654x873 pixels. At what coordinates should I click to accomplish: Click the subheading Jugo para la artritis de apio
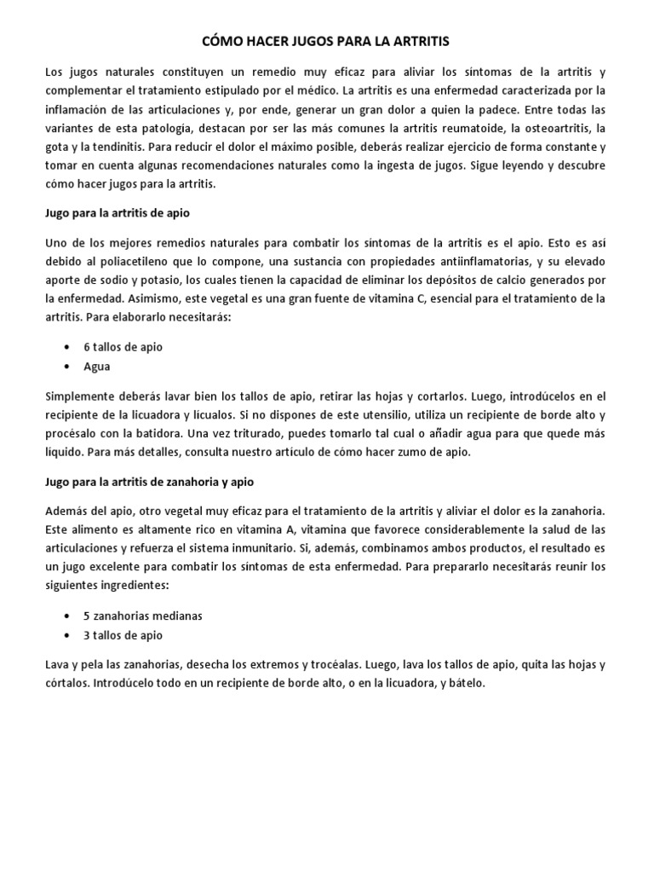tap(116, 212)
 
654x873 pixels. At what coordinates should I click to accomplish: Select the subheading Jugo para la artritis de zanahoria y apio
tap(149, 482)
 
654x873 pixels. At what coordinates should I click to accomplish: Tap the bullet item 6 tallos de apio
tap(123, 347)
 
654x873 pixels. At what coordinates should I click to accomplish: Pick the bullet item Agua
tap(96, 367)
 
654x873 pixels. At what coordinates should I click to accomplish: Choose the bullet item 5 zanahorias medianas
tap(142, 616)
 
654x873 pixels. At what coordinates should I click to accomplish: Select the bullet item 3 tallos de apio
tap(123, 635)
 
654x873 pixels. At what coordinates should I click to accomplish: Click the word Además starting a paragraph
tap(64, 511)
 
